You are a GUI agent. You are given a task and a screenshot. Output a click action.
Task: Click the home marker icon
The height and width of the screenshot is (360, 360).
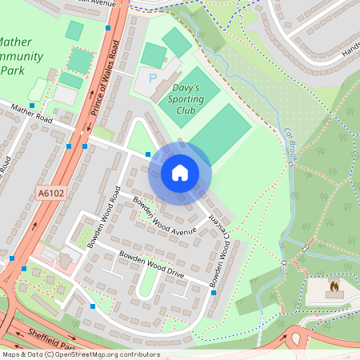point(180,172)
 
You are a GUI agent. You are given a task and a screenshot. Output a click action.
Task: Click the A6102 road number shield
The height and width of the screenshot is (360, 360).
point(50,192)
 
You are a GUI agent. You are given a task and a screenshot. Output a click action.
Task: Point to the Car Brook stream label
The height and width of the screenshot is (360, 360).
point(290,142)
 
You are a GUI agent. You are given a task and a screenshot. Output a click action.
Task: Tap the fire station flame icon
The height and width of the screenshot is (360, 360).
point(334,284)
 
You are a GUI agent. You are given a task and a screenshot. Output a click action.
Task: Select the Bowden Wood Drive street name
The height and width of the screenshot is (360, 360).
point(151,265)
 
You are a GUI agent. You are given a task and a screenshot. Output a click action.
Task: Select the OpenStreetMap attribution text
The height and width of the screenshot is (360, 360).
point(80,354)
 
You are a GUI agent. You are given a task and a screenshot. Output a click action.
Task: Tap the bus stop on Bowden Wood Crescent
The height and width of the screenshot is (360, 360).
point(214,293)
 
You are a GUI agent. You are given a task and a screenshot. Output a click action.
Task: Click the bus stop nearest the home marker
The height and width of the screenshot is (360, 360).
point(148,154)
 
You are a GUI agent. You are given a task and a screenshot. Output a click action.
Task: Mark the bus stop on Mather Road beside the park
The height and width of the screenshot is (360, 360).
point(32,105)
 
